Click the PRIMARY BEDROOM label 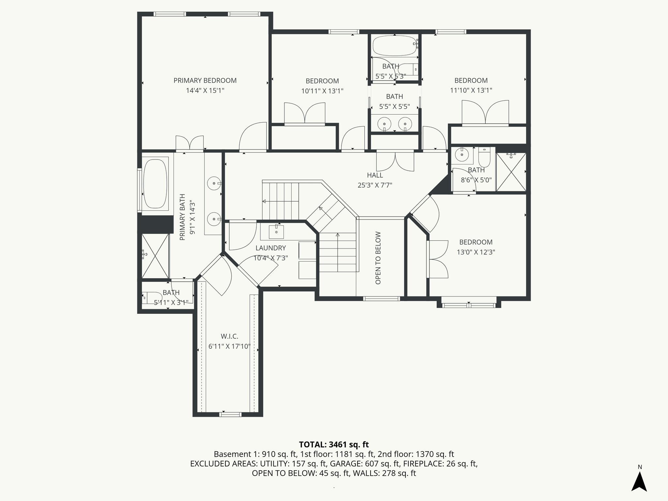coord(205,81)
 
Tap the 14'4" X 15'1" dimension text coord(205,91)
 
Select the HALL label coord(375,175)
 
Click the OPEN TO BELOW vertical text coord(378,258)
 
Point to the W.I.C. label coord(229,336)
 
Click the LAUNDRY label coord(270,248)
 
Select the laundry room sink coord(276,232)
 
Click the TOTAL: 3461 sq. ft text coord(334,444)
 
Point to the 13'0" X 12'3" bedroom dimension coord(476,252)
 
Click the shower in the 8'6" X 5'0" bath coord(511,172)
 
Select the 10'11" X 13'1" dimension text coord(322,91)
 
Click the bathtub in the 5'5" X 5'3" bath coord(394,45)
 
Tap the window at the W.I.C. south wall coord(230,414)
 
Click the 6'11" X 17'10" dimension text coord(229,346)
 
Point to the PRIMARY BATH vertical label coord(182,217)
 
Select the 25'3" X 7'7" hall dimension coord(375,185)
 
